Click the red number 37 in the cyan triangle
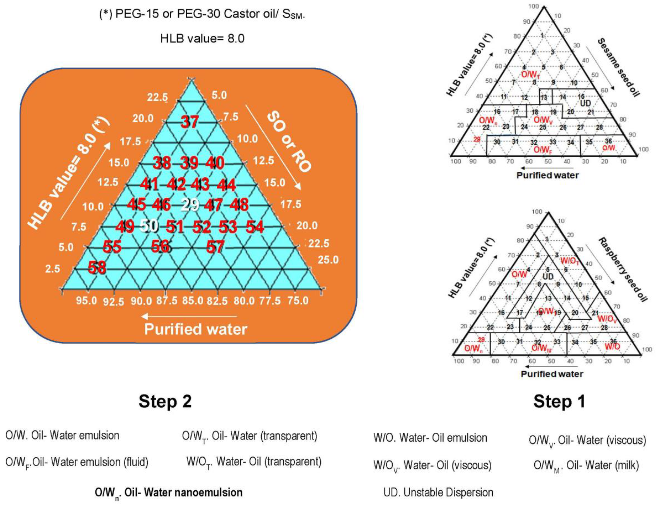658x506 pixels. coord(189,122)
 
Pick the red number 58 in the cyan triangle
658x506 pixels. coord(97,268)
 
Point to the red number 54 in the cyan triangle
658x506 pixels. coord(255,227)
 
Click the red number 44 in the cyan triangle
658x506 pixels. coord(226,185)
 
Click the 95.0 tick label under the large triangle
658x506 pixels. coord(86,301)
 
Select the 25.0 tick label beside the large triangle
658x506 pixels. coord(328,260)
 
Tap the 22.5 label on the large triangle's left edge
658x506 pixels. coord(157,97)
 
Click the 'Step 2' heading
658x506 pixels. coord(165,401)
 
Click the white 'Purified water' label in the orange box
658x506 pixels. coord(196,329)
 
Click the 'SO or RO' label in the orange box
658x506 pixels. coord(289,142)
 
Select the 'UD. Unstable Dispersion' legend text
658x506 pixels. coord(438,492)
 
